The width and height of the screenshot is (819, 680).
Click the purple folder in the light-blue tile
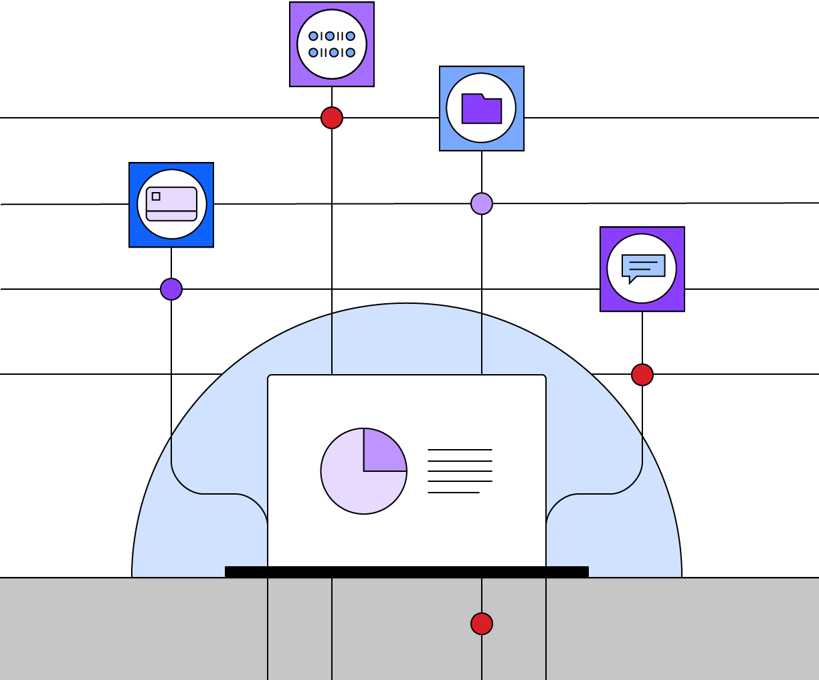click(481, 110)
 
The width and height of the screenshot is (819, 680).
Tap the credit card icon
click(171, 203)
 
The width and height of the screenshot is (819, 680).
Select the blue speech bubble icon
click(643, 266)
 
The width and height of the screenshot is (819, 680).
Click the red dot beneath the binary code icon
click(332, 118)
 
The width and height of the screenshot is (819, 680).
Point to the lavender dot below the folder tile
click(482, 203)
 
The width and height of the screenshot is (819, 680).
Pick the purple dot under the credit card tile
click(171, 289)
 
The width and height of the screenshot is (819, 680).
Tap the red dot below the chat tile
click(642, 375)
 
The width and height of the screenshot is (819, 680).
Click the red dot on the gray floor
click(482, 624)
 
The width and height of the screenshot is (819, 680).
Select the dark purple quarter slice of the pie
click(381, 452)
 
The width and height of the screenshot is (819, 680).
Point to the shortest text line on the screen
click(454, 493)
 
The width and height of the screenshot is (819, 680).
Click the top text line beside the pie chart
click(460, 450)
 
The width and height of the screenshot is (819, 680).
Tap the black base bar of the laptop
click(407, 572)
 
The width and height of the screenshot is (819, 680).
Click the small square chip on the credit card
click(156, 196)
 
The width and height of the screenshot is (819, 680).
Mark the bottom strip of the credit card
click(171, 216)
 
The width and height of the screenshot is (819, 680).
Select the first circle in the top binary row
click(313, 36)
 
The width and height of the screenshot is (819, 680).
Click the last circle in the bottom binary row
click(351, 52)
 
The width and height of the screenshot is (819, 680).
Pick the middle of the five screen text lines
click(460, 471)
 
